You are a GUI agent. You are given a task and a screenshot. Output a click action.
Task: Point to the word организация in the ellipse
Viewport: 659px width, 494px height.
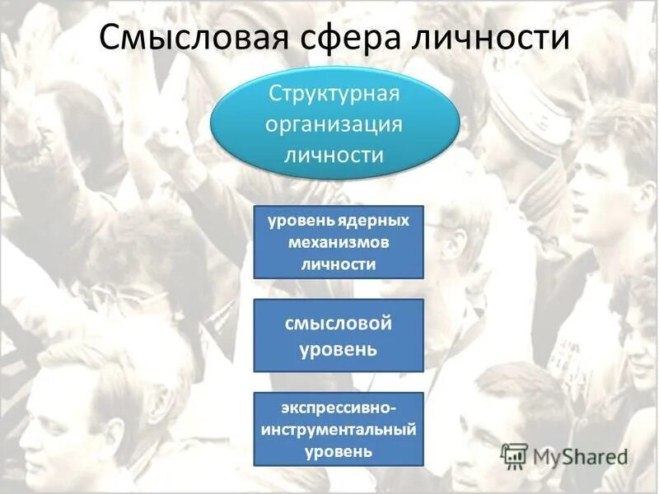(x=334, y=123)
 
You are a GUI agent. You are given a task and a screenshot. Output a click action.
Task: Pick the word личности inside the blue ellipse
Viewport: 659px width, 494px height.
(x=334, y=155)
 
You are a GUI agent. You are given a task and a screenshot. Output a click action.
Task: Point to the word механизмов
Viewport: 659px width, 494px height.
(x=339, y=243)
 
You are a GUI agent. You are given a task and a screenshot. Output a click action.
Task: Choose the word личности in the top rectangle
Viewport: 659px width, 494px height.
(x=339, y=264)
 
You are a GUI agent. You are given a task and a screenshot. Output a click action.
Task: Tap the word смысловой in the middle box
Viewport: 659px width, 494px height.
(x=339, y=324)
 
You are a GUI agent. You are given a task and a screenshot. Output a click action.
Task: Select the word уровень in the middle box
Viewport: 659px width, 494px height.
(x=339, y=349)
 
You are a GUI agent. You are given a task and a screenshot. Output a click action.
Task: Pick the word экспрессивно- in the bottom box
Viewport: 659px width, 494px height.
(x=339, y=408)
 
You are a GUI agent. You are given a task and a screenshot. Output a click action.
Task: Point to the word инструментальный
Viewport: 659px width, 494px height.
(x=339, y=430)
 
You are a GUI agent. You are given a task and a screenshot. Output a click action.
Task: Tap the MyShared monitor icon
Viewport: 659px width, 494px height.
(x=515, y=454)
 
